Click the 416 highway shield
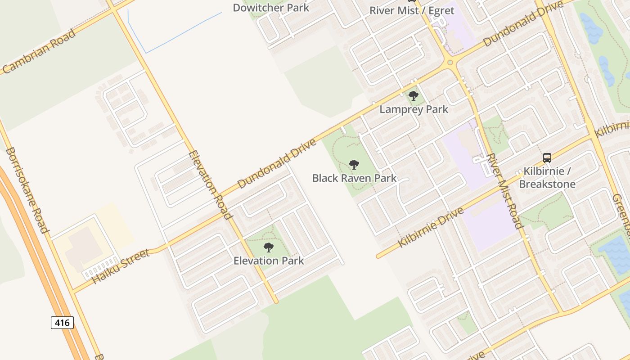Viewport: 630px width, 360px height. [x=62, y=322]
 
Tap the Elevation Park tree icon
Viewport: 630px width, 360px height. [x=269, y=247]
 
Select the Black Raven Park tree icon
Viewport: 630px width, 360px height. [x=354, y=165]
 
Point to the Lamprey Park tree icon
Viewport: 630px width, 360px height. [x=414, y=96]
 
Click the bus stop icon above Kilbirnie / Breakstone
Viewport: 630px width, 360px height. [x=547, y=158]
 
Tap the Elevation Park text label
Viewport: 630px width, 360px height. [x=269, y=261]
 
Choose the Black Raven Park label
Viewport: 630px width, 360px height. [x=354, y=178]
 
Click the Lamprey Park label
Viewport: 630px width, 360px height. [x=414, y=109]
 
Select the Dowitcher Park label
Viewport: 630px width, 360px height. [x=271, y=8]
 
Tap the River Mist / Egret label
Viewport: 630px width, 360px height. [x=412, y=10]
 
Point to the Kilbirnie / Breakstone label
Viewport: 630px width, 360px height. [x=547, y=178]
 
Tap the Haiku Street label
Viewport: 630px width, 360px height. [x=120, y=266]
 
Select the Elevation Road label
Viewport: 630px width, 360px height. [x=211, y=184]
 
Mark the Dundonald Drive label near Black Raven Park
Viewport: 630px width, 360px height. [x=276, y=163]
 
